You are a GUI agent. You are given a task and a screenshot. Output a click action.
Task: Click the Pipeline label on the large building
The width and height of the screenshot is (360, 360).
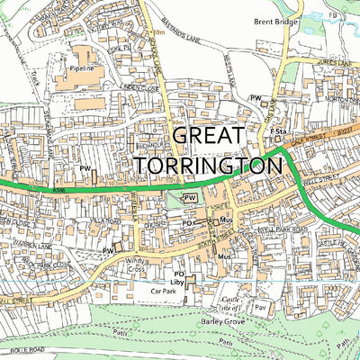[x=80, y=67]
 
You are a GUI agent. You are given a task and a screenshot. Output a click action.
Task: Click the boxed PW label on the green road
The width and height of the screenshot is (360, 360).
[x=190, y=196]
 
